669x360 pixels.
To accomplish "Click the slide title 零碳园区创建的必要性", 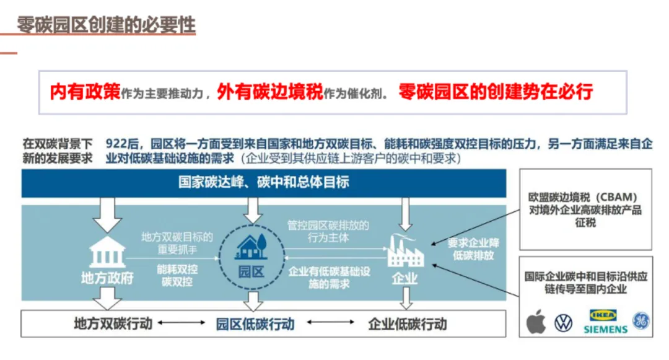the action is (x=107, y=25).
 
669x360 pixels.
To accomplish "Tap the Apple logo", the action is (x=536, y=322).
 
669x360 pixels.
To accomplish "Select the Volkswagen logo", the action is (x=563, y=323).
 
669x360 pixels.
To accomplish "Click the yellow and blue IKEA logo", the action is (x=603, y=315).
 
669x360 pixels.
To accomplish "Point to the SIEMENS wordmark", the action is (x=605, y=329).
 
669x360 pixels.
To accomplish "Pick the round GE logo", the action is (x=641, y=321).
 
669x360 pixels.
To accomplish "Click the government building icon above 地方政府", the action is (x=107, y=252).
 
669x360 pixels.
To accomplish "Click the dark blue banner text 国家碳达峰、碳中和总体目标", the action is (x=264, y=183).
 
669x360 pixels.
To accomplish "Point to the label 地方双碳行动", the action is (x=113, y=323).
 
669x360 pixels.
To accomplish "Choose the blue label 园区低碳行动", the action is (x=255, y=324).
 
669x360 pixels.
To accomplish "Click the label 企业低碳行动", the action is (x=408, y=324).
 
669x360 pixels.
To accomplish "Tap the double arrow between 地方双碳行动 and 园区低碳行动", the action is (x=181, y=323).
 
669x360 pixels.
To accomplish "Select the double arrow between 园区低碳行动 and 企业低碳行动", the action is (x=331, y=322).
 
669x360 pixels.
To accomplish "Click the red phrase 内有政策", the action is (x=85, y=91).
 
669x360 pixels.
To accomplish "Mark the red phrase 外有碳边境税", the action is (x=270, y=91).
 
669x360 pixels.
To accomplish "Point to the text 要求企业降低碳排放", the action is (x=473, y=249).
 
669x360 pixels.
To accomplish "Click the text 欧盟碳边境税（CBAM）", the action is (x=583, y=197).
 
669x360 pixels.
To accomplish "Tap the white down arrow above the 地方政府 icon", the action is (x=107, y=215).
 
